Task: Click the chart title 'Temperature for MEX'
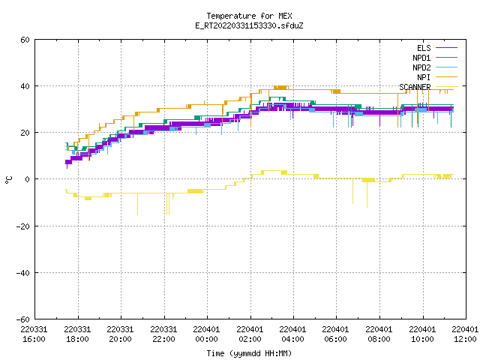(249, 16)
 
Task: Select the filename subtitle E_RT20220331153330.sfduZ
(249, 25)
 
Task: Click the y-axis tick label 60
(25, 40)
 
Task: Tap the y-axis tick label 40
(25, 86)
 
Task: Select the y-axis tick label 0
(28, 179)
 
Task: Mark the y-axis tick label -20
(23, 226)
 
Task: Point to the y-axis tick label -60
(23, 319)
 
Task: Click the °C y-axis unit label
(8, 180)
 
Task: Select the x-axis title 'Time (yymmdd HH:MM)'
(249, 353)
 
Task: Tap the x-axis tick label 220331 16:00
(34, 334)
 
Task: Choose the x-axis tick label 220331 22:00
(163, 334)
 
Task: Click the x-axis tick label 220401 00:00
(207, 334)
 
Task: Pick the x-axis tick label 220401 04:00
(293, 334)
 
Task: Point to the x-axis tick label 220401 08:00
(379, 334)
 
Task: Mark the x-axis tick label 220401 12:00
(465, 334)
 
